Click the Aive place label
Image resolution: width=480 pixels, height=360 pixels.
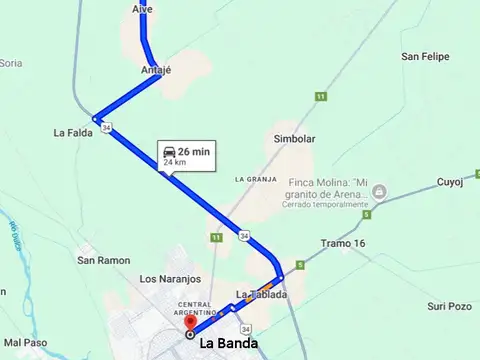144,8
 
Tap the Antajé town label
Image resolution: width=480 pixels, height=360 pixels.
157,70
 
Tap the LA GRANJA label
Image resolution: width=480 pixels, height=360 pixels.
255,178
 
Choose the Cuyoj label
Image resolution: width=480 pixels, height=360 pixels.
451,182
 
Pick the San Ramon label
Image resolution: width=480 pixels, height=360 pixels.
104,260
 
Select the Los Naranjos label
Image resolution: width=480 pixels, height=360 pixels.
171,279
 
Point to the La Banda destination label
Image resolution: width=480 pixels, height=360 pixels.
228,344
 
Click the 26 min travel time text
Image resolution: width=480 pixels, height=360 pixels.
194,150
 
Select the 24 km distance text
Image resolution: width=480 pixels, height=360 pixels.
174,162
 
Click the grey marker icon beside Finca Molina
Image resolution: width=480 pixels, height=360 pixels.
378,190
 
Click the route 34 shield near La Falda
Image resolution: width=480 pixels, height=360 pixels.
106,127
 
